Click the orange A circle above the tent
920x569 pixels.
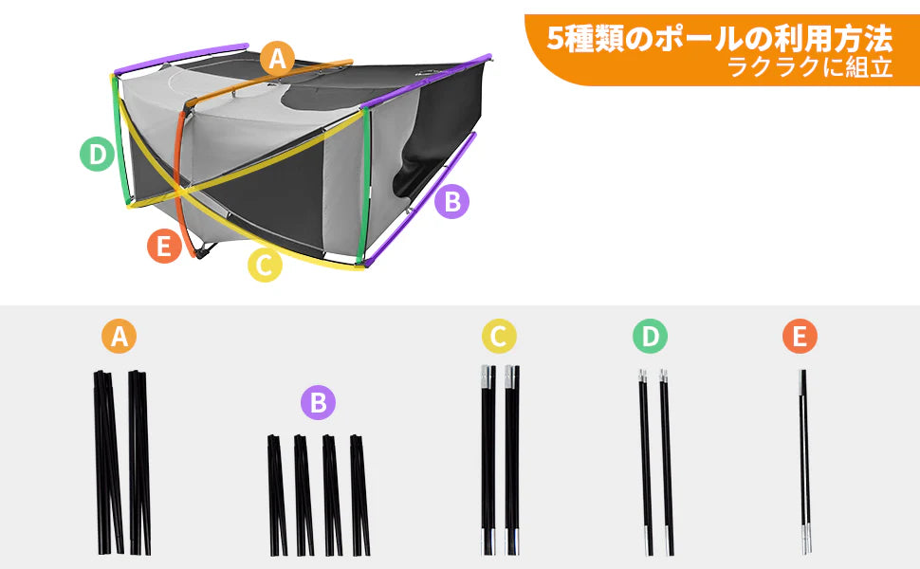pyautogui.click(x=276, y=59)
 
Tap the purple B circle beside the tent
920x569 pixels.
pyautogui.click(x=452, y=201)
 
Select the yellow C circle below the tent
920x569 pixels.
pyautogui.click(x=265, y=266)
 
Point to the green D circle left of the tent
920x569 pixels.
pyautogui.click(x=96, y=154)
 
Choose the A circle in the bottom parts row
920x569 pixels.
pyautogui.click(x=119, y=336)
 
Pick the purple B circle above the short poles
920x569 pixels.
pyautogui.click(x=318, y=403)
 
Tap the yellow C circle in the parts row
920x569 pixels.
pyautogui.click(x=499, y=336)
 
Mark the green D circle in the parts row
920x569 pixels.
pyautogui.click(x=651, y=336)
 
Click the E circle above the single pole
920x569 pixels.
pyautogui.click(x=800, y=336)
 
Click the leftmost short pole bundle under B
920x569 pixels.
pyautogui.click(x=277, y=494)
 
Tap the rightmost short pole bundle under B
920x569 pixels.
pyautogui.click(x=359, y=494)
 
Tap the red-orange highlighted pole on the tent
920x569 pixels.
pyautogui.click(x=184, y=180)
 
